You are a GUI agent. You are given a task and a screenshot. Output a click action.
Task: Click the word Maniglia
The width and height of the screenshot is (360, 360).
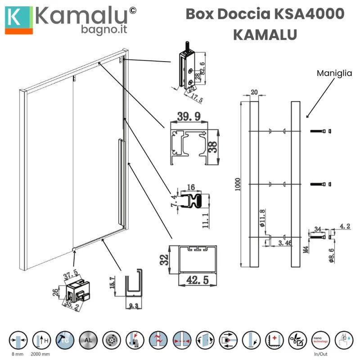[x=334, y=73]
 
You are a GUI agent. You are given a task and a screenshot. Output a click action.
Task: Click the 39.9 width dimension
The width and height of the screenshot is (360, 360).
[x=189, y=117]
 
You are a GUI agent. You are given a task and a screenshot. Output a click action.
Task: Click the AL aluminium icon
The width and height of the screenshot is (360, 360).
[x=87, y=340]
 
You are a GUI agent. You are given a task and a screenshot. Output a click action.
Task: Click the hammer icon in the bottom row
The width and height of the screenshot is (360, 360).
[x=64, y=340]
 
